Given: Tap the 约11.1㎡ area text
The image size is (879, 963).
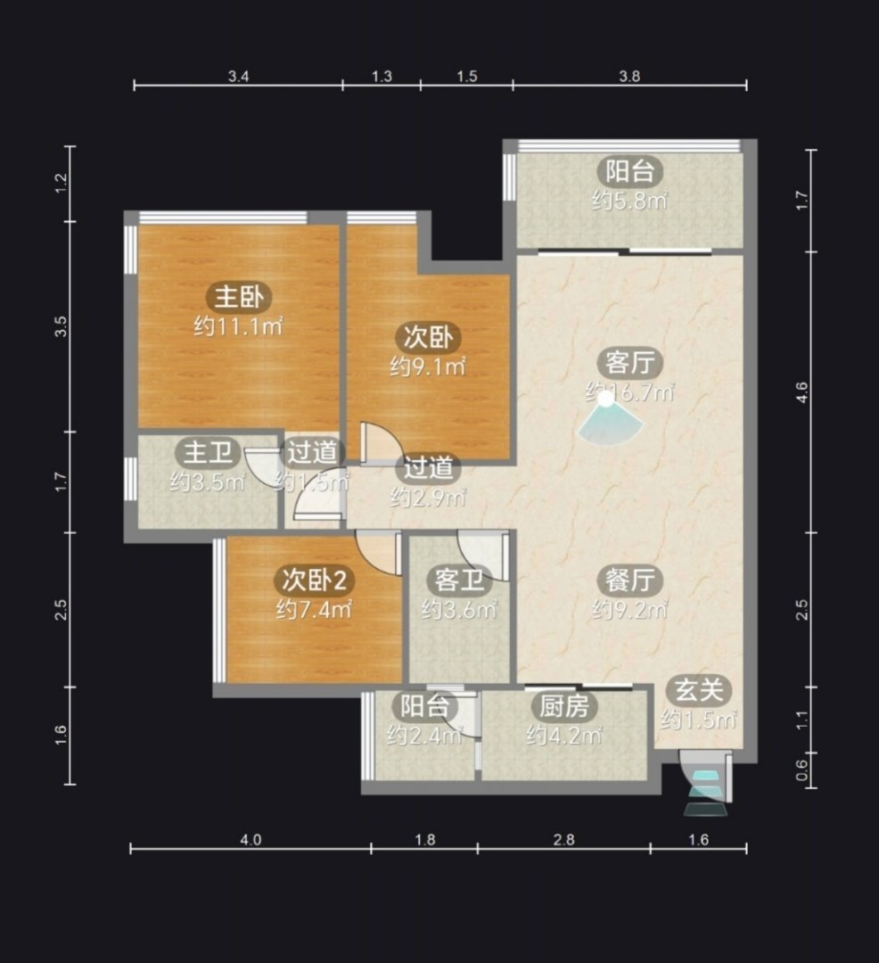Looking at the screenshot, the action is point(239,326).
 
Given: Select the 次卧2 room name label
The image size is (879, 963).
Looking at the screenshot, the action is point(315,580).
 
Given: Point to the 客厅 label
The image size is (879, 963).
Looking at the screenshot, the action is point(629,362).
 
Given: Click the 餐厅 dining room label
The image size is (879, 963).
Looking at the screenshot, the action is point(629,580).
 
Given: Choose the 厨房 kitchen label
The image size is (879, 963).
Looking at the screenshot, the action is point(564,705).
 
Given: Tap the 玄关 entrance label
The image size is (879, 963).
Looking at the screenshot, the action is point(699,690).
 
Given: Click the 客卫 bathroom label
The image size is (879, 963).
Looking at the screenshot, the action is point(459,580).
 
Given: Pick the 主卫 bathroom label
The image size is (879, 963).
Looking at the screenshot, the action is point(208,453).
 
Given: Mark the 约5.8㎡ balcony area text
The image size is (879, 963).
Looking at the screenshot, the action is point(629,201).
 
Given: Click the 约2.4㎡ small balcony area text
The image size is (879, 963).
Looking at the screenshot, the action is point(424,735).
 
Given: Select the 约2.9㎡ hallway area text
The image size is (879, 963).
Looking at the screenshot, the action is point(428,497).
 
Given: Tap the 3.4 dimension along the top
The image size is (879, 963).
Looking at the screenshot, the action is point(238,77).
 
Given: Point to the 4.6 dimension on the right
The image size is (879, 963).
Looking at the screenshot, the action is point(801,391).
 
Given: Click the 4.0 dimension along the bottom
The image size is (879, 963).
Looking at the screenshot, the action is point(250,840).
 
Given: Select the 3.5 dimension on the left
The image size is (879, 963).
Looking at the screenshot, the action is point(60,326).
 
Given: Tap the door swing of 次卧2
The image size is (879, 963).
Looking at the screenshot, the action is point(378,554).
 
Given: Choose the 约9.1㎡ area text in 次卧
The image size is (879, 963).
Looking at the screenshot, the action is point(428,366).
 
